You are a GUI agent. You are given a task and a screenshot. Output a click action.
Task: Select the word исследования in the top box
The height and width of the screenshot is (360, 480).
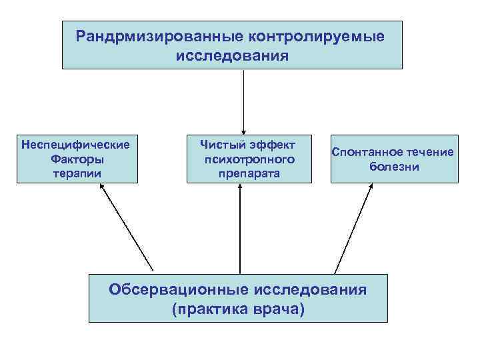[232, 55]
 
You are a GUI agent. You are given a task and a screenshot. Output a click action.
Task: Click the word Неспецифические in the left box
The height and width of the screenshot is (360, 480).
[76, 144]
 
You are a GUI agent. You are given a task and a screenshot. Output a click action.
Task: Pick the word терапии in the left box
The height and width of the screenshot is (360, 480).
[77, 173]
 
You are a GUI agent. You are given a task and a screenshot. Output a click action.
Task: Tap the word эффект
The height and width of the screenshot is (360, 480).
[271, 144]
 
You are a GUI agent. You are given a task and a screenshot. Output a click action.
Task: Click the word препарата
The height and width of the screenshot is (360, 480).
[249, 173]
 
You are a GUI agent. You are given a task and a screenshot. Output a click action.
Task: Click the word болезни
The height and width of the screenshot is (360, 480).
[395, 167]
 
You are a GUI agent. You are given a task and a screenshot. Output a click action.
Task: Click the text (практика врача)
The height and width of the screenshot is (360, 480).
[237, 309]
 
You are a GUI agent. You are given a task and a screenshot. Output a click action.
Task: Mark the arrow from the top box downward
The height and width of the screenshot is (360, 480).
[244, 100]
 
